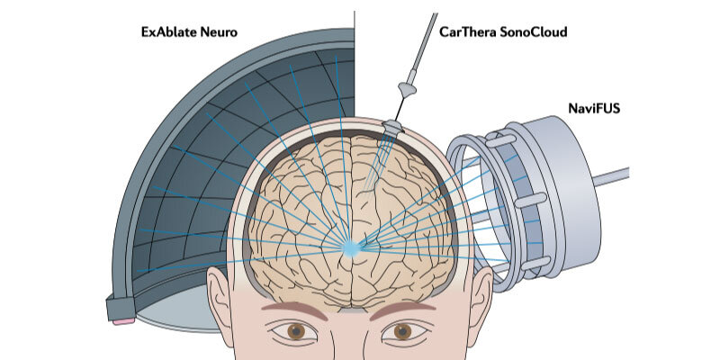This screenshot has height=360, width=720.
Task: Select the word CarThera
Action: click(x=468, y=32)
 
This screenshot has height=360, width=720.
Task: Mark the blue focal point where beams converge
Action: click(x=353, y=246)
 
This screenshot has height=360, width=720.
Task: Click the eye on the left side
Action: click(x=297, y=331)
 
